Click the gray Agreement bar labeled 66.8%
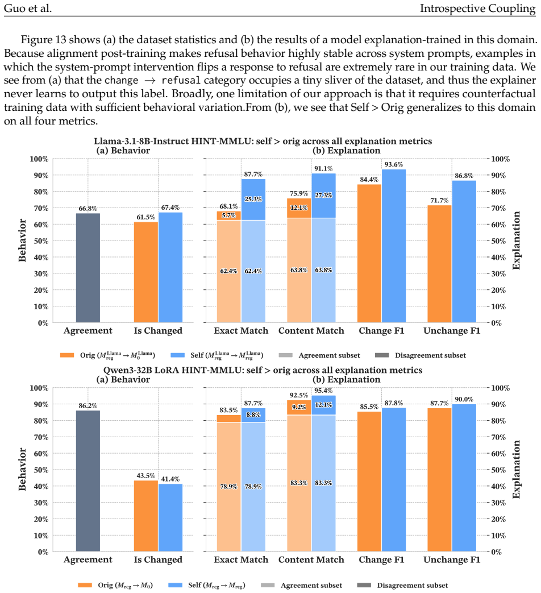click(x=88, y=268)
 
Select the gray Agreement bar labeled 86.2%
click(x=88, y=480)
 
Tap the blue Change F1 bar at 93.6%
click(x=394, y=246)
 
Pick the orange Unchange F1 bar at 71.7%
click(x=439, y=264)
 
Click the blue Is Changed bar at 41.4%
click(x=170, y=517)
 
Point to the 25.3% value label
click(x=253, y=199)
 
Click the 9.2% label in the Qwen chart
click(x=299, y=407)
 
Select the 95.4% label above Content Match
click(x=323, y=390)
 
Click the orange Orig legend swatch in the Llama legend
click(x=67, y=355)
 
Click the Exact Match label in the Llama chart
click(x=241, y=331)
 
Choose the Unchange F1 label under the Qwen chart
click(x=452, y=559)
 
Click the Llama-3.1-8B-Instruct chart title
click(x=263, y=141)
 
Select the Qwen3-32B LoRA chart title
click(x=263, y=370)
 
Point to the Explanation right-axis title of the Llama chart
click(x=516, y=240)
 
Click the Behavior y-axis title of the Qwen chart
click(x=22, y=469)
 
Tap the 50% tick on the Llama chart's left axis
click(x=41, y=241)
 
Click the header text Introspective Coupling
click(x=478, y=9)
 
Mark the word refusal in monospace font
click(x=181, y=81)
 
